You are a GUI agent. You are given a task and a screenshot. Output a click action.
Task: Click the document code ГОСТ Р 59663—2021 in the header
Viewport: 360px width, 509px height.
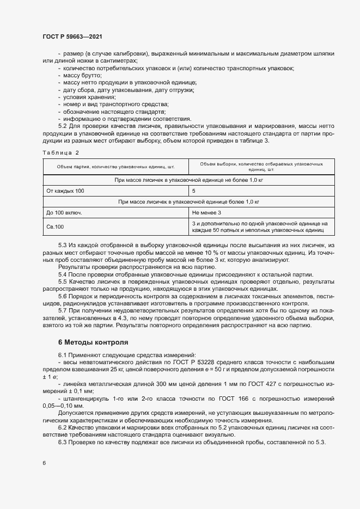coord(72,36)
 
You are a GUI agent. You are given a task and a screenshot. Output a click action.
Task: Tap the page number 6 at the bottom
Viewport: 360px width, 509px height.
coord(44,463)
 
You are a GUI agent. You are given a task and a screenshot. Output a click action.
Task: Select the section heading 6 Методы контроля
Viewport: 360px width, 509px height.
coord(93,342)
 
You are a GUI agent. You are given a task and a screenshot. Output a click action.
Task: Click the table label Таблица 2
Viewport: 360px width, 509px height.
coord(60,152)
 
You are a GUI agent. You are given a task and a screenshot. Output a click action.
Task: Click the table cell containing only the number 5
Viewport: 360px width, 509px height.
coord(194,191)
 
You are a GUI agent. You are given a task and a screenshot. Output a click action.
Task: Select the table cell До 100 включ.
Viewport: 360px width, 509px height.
coord(64,212)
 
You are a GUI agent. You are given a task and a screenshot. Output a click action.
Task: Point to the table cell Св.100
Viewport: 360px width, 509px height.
coord(56,226)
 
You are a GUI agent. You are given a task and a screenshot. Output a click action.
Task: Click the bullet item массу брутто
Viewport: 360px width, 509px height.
coord(82,75)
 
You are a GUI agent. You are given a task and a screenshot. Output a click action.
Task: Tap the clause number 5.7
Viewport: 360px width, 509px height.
coord(63,310)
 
